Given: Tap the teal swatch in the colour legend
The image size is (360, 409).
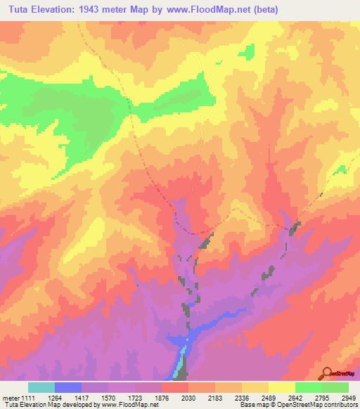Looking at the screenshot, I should (41, 387).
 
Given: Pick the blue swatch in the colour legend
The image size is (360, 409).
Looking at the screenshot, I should (68, 387).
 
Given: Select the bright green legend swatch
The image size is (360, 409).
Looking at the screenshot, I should (308, 387).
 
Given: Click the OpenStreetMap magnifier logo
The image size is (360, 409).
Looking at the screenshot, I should (328, 372).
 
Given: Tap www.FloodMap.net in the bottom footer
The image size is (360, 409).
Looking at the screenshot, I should (129, 405).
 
